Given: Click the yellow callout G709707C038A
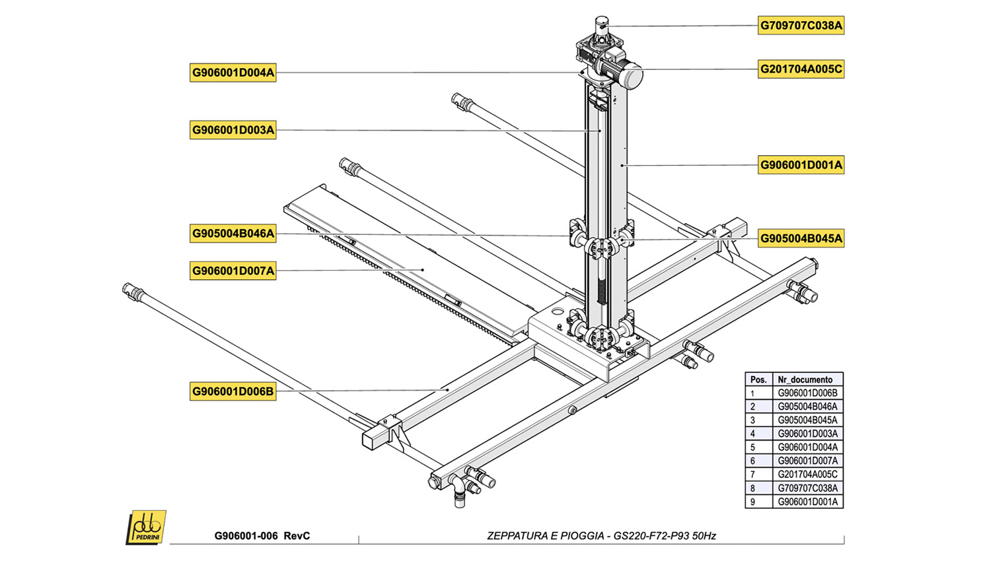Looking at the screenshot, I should click(x=801, y=26).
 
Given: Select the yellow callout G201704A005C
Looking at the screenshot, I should click(x=801, y=69).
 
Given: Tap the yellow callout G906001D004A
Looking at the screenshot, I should click(x=233, y=73).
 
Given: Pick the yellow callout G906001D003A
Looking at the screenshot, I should click(x=233, y=130).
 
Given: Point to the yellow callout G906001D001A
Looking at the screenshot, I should click(x=801, y=165).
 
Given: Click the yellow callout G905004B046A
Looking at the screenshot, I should click(x=233, y=233).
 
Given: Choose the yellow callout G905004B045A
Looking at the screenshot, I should click(x=801, y=238).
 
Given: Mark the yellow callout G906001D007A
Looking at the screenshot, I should click(x=233, y=271).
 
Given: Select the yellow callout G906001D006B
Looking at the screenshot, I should click(x=233, y=391).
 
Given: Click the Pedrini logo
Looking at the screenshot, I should click(x=146, y=527).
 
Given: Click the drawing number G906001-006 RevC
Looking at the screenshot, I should click(x=262, y=536).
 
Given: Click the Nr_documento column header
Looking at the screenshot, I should click(x=805, y=380).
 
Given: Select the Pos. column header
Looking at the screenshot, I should click(x=758, y=380).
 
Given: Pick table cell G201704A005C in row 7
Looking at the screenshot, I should click(x=807, y=475).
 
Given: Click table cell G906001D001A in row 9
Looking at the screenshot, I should click(x=807, y=502).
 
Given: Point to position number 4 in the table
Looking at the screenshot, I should click(x=752, y=434).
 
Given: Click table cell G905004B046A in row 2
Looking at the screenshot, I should click(x=807, y=407).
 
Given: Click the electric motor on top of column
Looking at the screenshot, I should click(x=624, y=72).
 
